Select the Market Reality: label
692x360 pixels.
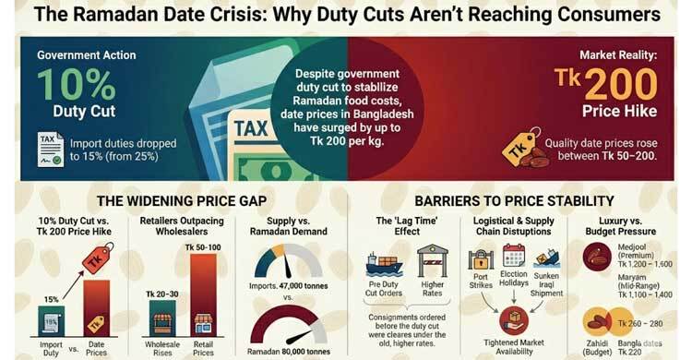pos(619,55)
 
